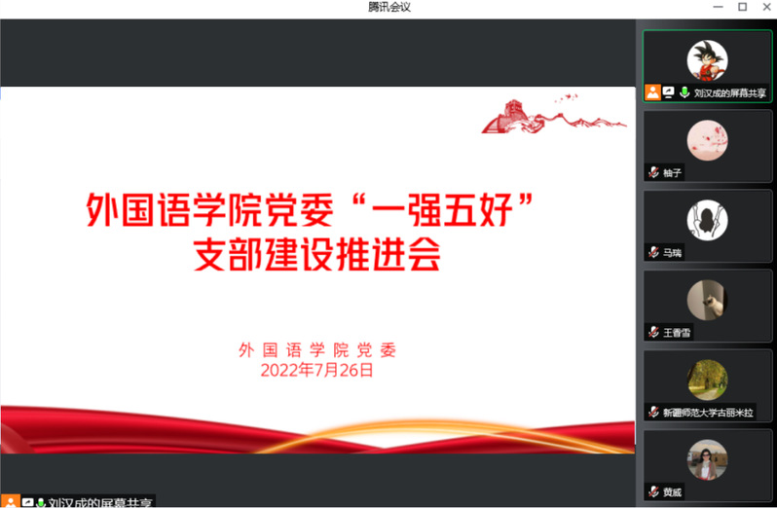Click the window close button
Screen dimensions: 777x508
(766, 7)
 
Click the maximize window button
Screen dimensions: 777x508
(742, 7)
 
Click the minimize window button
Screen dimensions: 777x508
(718, 7)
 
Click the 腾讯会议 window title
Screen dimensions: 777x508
(389, 7)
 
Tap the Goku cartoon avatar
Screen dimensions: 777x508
(707, 60)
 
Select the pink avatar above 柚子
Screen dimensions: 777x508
(707, 140)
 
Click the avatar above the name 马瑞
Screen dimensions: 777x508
(707, 220)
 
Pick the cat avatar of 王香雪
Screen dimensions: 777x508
(707, 300)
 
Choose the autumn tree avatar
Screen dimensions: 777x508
(707, 380)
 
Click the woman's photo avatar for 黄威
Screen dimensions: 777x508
(707, 460)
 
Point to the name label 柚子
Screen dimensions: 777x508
(673, 173)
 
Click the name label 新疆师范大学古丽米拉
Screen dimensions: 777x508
(708, 413)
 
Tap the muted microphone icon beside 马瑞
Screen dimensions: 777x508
(653, 252)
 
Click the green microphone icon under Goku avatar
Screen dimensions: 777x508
(684, 92)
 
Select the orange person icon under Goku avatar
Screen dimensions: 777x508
(652, 92)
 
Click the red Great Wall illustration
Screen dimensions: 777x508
(554, 116)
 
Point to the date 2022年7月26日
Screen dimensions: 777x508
(316, 371)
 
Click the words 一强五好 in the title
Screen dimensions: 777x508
(442, 210)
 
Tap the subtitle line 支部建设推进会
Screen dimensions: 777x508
(316, 254)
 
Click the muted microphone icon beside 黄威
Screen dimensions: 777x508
(653, 492)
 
